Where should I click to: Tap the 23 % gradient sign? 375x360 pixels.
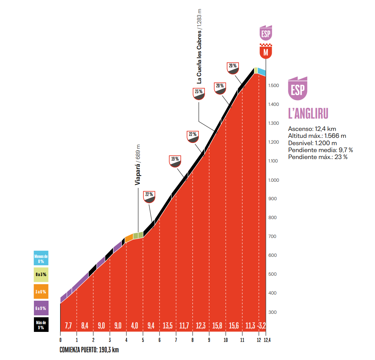[x=199, y=94]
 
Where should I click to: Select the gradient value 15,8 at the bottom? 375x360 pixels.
[x=217, y=326]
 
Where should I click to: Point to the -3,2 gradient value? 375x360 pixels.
[x=262, y=326]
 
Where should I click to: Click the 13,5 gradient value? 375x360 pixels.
[x=168, y=326]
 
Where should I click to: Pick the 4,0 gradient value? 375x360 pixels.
[x=135, y=326]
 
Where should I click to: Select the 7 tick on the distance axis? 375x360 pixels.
[x=176, y=340]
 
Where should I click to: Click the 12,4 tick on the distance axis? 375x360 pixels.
[x=266, y=340]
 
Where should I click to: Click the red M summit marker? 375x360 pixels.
[x=266, y=52]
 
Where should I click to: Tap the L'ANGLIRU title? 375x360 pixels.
[x=308, y=114]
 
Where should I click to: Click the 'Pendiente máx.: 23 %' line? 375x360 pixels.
[x=318, y=157]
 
